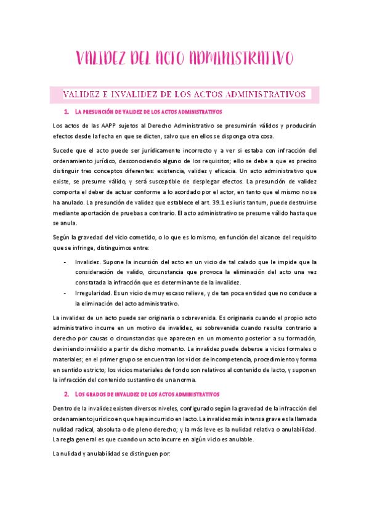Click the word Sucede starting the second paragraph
click(63, 150)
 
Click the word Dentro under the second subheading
click(64, 409)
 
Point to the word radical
click(91, 428)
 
